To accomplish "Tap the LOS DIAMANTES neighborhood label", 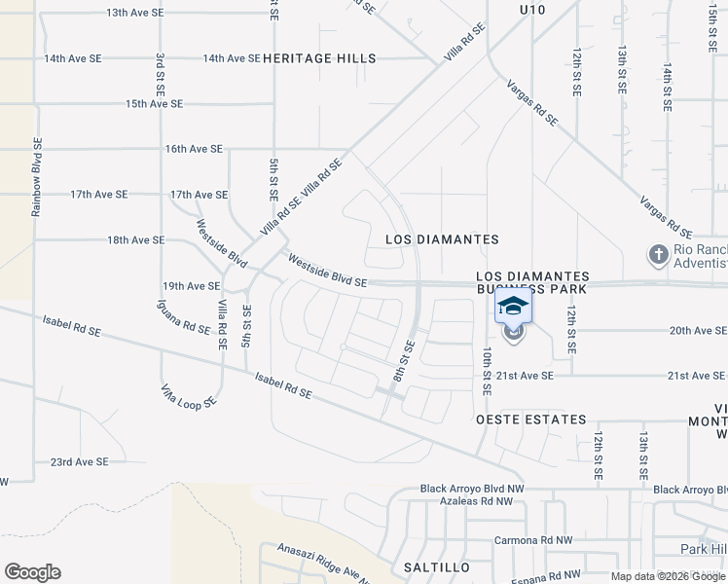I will [442, 239].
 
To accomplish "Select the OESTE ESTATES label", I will [531, 420].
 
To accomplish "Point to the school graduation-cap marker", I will [514, 306].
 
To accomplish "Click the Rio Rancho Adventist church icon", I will [658, 255].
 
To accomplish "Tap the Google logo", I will [32, 572].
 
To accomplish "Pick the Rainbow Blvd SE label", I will [37, 175].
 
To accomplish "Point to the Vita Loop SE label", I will [188, 396].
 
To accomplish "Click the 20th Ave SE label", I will [698, 331].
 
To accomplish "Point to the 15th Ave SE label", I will [154, 104].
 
